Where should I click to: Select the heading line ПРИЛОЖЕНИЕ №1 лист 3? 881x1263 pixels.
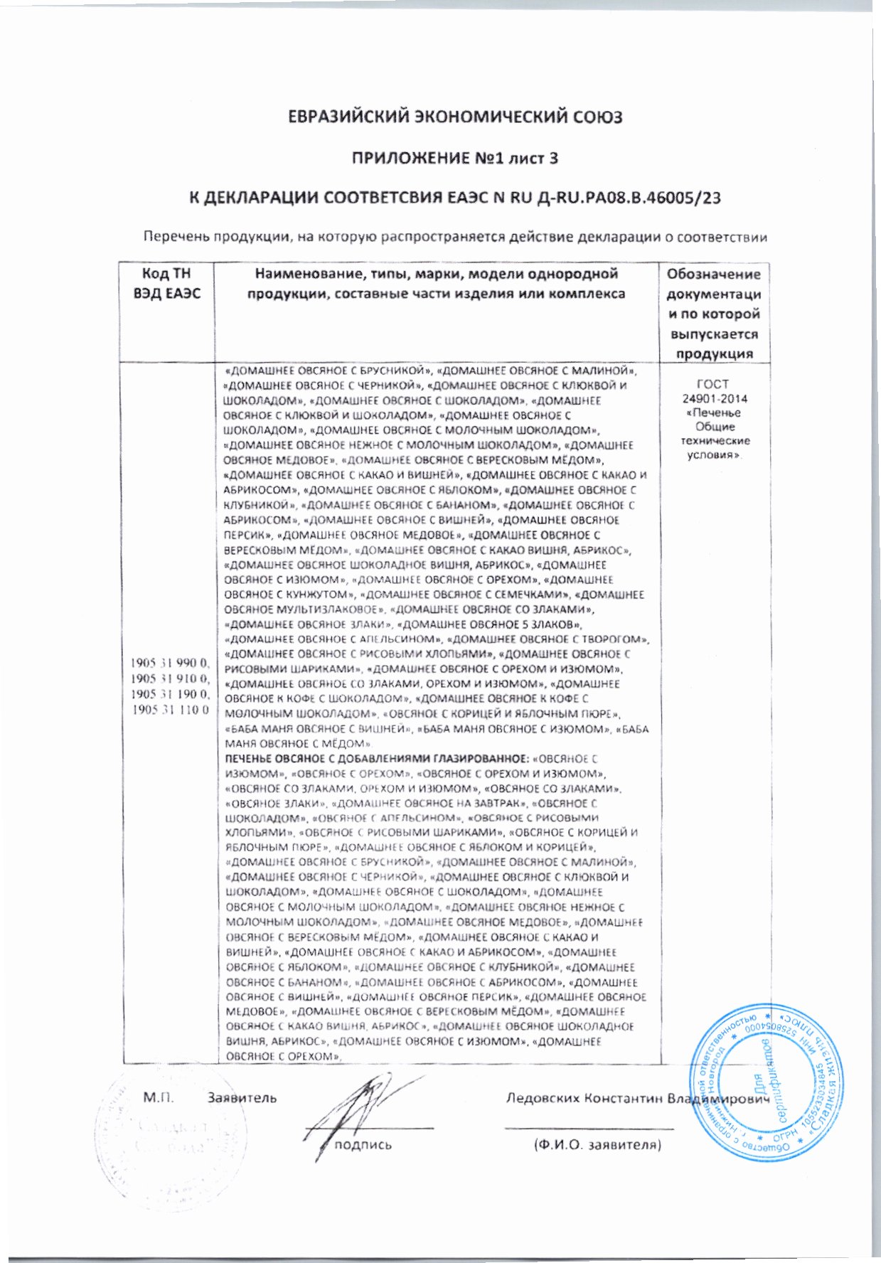[455, 158]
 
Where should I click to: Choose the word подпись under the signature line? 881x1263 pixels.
[363, 1145]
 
